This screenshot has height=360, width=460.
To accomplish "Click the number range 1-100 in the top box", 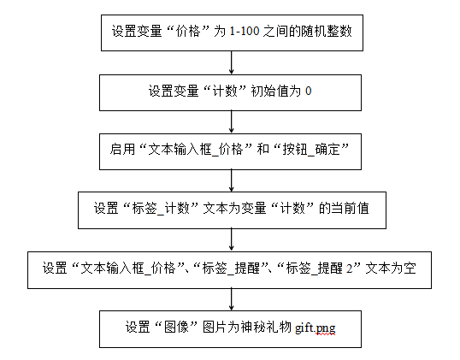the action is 245,32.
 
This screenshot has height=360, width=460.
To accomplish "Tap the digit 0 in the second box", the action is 308,91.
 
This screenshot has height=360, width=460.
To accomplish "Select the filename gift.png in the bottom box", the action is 316,328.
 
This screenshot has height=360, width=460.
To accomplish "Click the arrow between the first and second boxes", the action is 232,62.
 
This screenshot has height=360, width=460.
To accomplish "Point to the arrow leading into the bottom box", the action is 232,299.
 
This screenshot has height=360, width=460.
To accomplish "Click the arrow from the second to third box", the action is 232,122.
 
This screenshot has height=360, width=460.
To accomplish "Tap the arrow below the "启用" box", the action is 232,180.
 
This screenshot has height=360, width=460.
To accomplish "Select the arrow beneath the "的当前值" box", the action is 232,239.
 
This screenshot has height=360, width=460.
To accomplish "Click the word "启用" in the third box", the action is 122,149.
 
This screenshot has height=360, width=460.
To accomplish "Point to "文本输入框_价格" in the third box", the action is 196,150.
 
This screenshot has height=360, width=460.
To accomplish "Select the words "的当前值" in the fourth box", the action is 344,209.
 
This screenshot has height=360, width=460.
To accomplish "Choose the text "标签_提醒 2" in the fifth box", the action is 320,269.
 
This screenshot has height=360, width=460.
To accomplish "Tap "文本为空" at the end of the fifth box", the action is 391,269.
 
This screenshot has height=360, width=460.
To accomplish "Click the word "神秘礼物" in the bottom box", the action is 266,328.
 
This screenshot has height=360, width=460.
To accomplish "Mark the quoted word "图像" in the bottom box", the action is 176,328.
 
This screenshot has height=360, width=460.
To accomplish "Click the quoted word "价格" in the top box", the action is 188,32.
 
